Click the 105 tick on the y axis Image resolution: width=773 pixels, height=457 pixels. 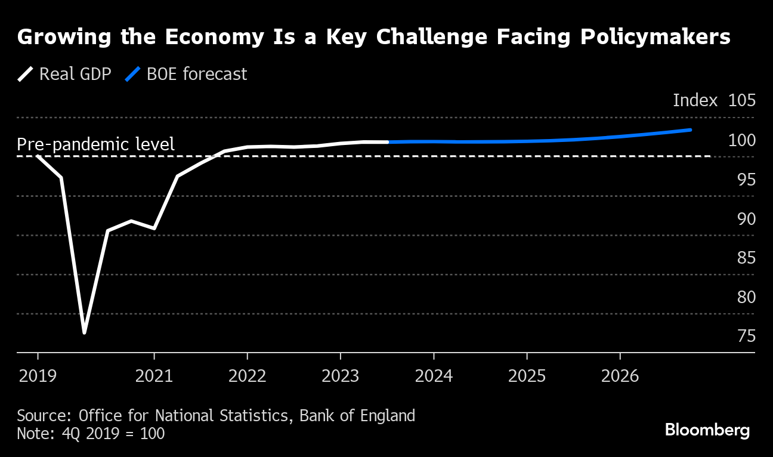tap(741, 100)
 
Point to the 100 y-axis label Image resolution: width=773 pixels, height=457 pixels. tap(741, 140)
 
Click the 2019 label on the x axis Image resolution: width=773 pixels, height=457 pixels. tap(38, 376)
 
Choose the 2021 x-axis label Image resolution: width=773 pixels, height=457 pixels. tap(154, 376)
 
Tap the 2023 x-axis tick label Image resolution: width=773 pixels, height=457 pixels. tap(340, 376)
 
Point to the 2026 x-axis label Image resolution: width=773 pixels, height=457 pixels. tap(620, 376)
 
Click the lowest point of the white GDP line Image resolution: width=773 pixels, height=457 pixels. tap(84, 332)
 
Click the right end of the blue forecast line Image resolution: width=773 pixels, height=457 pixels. tap(690, 129)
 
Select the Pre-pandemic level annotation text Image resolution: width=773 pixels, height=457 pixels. tap(95, 144)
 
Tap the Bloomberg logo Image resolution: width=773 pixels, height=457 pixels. tap(707, 431)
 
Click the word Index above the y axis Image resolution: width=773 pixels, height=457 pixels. tap(695, 100)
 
